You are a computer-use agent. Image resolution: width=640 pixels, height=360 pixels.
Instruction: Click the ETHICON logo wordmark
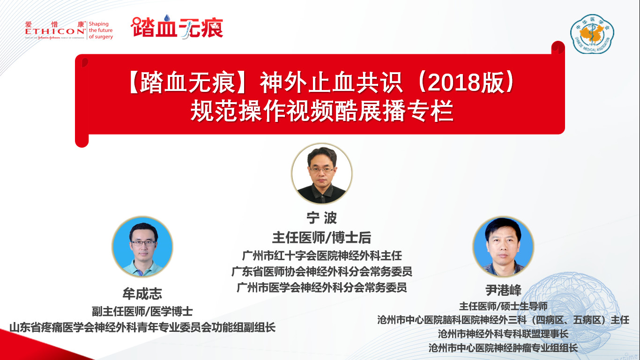(x=55, y=31)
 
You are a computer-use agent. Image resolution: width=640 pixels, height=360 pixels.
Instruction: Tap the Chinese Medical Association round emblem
(x=592, y=34)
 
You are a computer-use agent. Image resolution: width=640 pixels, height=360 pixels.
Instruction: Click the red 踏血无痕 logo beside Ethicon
(x=177, y=27)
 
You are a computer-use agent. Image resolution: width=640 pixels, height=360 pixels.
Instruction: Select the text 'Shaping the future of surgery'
(x=101, y=30)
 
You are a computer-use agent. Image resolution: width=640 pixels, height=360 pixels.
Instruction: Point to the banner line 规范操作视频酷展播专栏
(x=322, y=111)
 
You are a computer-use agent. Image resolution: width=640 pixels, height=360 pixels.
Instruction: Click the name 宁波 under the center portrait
(x=322, y=218)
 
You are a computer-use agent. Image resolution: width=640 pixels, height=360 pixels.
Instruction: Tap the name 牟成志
(x=142, y=293)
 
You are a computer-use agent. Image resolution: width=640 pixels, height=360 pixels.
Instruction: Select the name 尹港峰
(x=504, y=290)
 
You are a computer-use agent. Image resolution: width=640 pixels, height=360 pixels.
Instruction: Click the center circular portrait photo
(x=322, y=173)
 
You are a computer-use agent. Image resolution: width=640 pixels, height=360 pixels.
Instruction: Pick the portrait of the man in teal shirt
(x=142, y=247)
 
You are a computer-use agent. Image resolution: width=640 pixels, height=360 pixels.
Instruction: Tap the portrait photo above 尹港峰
(x=503, y=247)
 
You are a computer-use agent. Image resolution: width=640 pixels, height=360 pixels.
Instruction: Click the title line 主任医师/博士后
(x=322, y=238)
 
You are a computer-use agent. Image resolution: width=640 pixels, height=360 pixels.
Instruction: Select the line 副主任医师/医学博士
(x=142, y=311)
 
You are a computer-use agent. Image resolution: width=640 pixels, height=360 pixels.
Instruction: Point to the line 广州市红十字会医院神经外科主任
(x=322, y=255)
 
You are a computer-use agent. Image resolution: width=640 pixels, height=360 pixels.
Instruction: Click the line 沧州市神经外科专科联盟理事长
(x=503, y=334)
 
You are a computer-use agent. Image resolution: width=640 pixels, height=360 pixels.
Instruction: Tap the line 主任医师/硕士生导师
(x=503, y=306)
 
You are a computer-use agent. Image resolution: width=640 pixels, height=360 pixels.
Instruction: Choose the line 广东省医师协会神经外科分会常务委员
(x=322, y=272)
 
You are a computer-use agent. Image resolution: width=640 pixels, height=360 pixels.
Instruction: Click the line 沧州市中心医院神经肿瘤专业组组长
(x=503, y=348)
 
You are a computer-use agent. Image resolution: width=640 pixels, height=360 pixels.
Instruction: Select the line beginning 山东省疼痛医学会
(x=142, y=327)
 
